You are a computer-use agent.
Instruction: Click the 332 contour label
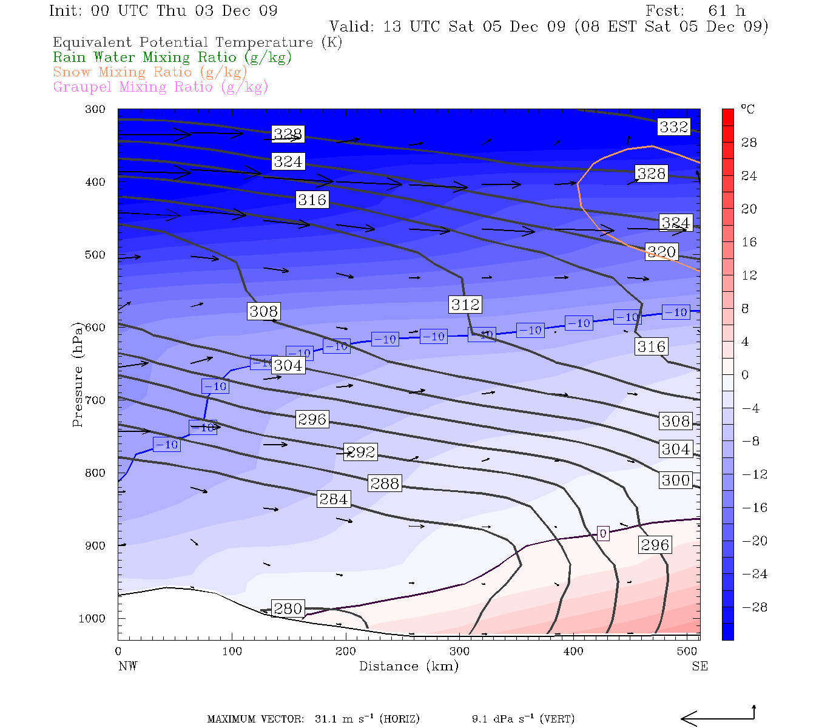(674, 127)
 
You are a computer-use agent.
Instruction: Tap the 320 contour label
(661, 252)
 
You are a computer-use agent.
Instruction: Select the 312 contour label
(465, 305)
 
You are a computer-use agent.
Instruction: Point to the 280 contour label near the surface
(288, 608)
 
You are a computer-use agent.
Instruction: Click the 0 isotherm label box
(602, 533)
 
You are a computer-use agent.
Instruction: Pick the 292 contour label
(360, 451)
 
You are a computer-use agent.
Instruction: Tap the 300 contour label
(676, 480)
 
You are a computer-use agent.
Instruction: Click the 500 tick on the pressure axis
(95, 255)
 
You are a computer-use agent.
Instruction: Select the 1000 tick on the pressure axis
(92, 618)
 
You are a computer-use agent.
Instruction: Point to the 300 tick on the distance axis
(459, 652)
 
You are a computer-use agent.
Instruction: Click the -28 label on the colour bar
(755, 607)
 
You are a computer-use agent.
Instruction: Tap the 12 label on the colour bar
(750, 275)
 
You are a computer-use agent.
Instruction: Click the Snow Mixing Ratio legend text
(150, 72)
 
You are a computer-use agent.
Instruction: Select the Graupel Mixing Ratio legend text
(160, 87)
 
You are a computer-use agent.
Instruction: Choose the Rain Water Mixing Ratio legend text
(172, 58)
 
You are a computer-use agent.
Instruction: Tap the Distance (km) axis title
(408, 666)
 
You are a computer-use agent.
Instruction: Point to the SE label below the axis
(699, 666)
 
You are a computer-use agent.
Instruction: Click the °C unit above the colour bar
(747, 109)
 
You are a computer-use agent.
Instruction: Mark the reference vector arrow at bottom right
(717, 718)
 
